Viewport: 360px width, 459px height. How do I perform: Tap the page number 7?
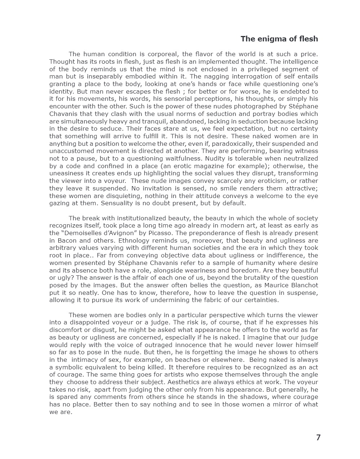pyautogui.click(x=318, y=437)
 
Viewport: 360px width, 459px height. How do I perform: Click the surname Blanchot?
pyautogui.click(x=305, y=285)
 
